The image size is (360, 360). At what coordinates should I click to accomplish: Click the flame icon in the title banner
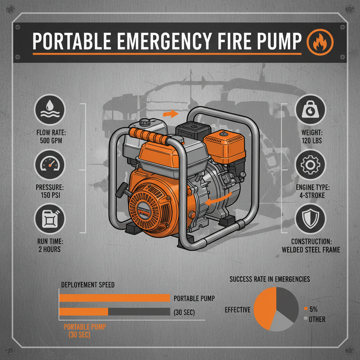click(x=320, y=41)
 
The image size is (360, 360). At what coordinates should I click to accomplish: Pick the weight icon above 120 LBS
click(x=310, y=109)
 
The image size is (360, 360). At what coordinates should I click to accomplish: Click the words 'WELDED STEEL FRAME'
click(x=310, y=250)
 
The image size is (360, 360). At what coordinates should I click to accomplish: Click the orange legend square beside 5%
click(x=305, y=309)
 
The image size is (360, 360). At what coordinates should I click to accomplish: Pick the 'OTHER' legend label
click(x=317, y=319)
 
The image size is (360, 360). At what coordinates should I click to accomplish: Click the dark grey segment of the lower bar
click(x=139, y=312)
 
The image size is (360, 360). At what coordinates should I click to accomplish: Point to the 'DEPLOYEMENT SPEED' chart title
click(x=88, y=285)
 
